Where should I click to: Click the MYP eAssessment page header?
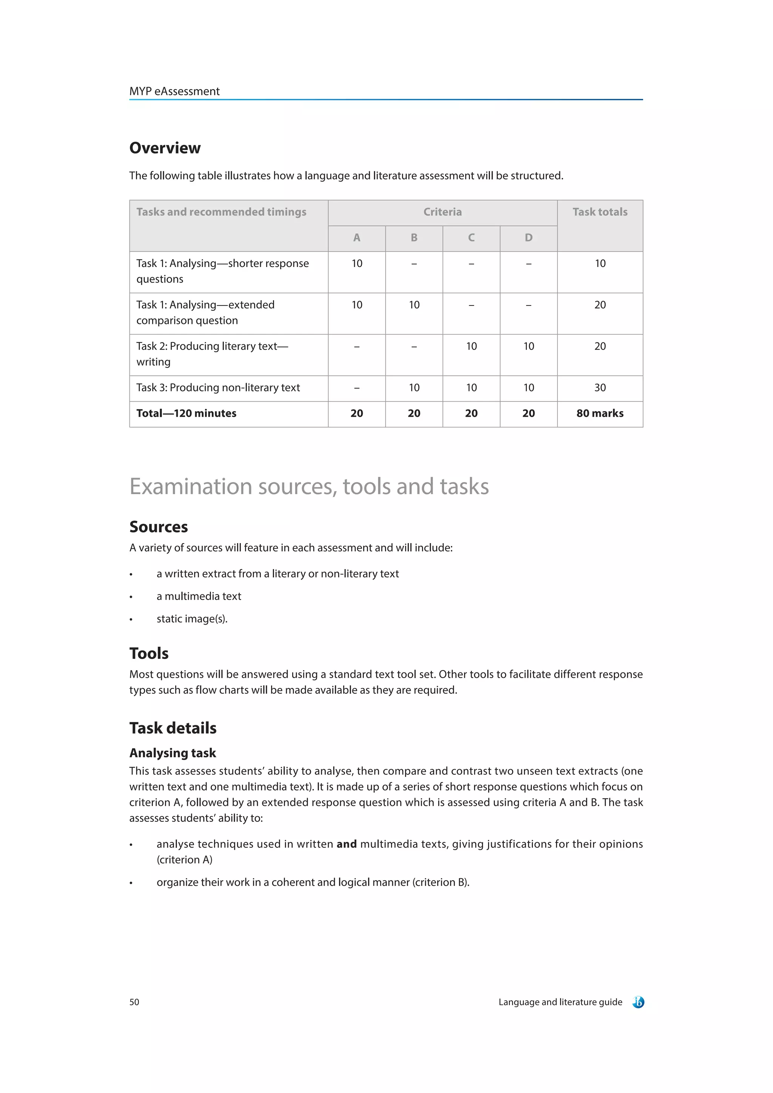tap(174, 91)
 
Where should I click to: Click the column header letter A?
tap(356, 238)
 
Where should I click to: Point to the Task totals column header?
tap(600, 212)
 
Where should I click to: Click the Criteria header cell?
tap(442, 212)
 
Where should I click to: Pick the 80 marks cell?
tap(600, 413)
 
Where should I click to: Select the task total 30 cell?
tap(600, 387)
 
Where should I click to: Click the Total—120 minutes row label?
tap(186, 413)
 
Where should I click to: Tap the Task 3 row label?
tap(218, 387)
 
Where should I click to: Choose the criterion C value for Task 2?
tap(471, 346)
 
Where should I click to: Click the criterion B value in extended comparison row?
tap(414, 305)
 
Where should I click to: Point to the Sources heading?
tap(159, 527)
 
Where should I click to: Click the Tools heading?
tap(149, 653)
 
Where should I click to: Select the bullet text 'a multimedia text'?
tap(199, 596)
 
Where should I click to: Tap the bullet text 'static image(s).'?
tap(192, 619)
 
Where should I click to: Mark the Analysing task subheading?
tap(172, 753)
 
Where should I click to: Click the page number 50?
tap(134, 1002)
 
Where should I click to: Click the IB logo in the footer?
tap(638, 1002)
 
